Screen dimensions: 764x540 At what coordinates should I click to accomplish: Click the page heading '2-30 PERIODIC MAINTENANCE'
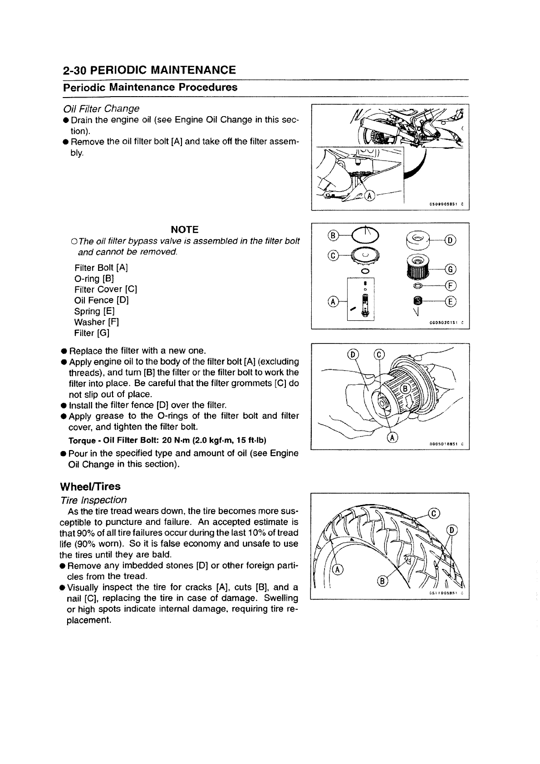pos(149,70)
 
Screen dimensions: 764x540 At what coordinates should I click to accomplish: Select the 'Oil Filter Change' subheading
pos(101,109)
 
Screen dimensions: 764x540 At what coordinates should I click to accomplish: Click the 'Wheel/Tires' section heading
pos(90,486)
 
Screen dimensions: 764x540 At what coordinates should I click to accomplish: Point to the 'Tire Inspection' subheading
pos(94,500)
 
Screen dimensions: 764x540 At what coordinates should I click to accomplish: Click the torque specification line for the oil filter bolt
pos(167,441)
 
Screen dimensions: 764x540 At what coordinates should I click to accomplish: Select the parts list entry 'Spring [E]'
pos(94,311)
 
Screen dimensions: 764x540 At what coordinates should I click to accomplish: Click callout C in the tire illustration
pos(434,514)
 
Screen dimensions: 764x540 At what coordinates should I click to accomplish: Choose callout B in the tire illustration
pos(383,582)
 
